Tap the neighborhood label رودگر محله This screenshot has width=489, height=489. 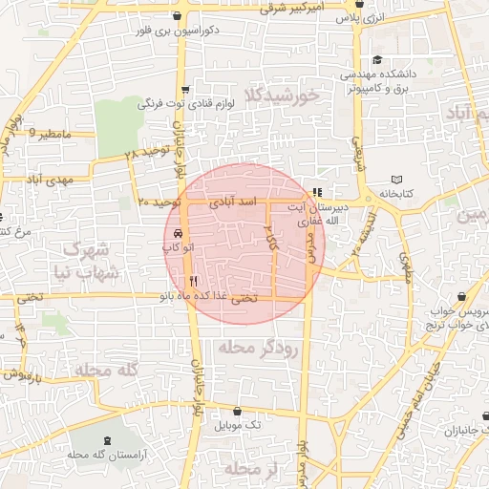(258, 349)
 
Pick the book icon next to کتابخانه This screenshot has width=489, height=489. (397, 180)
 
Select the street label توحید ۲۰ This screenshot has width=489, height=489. (159, 202)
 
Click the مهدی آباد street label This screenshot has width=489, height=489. (51, 179)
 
